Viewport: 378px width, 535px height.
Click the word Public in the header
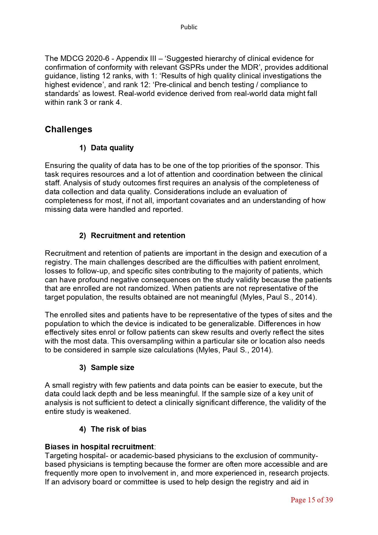click(189, 27)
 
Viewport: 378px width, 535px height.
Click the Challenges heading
click(68, 129)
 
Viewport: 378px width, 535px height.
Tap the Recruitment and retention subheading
click(138, 235)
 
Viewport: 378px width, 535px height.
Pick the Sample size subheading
click(112, 367)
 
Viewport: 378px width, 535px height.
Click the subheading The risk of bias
click(119, 429)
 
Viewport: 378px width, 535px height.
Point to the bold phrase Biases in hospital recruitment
click(99, 447)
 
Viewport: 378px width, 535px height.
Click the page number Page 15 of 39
click(312, 500)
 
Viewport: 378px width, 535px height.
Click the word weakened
click(114, 412)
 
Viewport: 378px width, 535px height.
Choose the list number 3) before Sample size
click(83, 367)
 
